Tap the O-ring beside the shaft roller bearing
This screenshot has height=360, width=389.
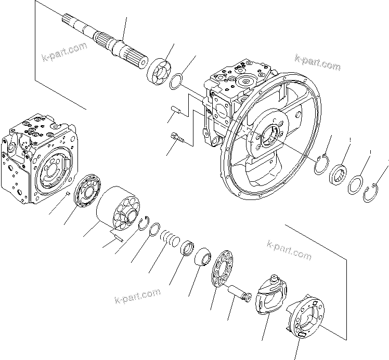(177, 81)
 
